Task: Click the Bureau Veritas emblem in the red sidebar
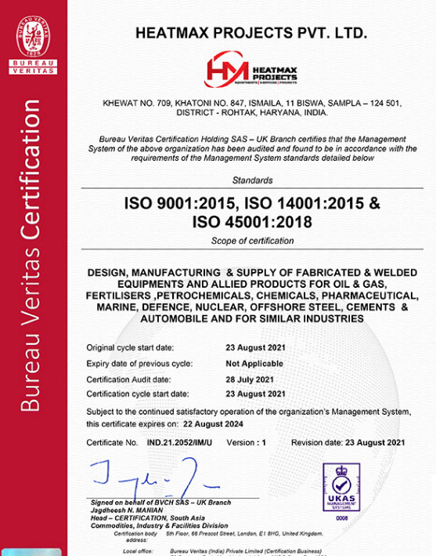coord(33,40)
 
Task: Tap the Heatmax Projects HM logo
coord(251,72)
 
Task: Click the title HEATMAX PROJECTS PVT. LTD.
coord(251,33)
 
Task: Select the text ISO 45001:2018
coord(252,222)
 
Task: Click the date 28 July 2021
coord(250,379)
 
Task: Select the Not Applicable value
coord(254,364)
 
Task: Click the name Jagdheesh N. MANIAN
coord(127,510)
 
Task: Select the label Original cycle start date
coord(131,347)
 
